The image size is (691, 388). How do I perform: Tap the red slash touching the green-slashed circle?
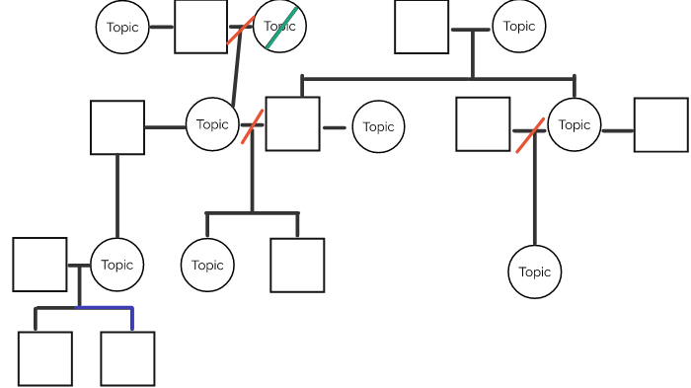point(241,30)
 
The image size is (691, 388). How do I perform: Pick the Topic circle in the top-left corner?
point(123,27)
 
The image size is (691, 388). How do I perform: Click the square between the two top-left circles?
point(201,27)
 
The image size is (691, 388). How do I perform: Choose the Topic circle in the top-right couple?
point(519,27)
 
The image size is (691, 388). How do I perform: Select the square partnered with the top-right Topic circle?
point(422,27)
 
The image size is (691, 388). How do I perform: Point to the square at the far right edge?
point(660,125)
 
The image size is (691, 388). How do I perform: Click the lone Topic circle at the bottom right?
point(535,272)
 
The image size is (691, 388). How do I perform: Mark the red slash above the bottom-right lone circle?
point(529,135)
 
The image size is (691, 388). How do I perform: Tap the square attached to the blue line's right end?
point(127,358)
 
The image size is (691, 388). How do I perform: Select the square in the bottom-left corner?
point(45,358)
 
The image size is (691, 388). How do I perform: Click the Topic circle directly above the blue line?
point(117,265)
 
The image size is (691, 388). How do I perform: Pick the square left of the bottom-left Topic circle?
point(40,265)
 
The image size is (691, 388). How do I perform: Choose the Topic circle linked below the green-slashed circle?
point(213,124)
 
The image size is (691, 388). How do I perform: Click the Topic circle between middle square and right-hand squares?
point(378,126)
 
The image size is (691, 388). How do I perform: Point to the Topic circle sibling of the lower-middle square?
point(208,265)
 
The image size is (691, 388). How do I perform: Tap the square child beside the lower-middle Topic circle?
point(297,265)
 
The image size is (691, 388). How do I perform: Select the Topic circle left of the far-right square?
point(575,124)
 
